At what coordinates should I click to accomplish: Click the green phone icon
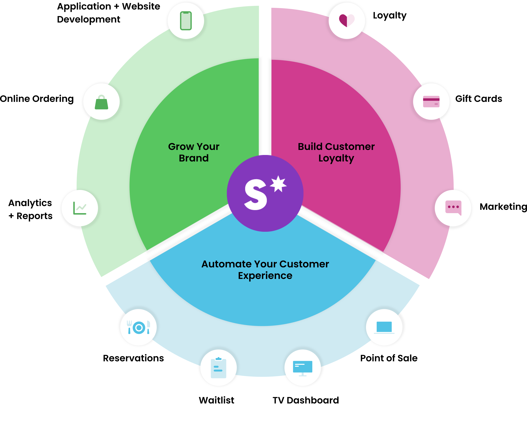(186, 21)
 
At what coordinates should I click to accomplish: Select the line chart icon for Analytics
(80, 208)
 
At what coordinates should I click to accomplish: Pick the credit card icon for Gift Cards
(431, 101)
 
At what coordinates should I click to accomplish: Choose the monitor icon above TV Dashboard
(303, 368)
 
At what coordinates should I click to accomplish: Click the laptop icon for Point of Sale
(384, 327)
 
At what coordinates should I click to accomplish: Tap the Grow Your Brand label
(194, 152)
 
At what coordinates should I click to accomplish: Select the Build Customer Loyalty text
(336, 152)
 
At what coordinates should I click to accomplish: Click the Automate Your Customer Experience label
(265, 270)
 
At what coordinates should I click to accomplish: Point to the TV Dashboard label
(306, 400)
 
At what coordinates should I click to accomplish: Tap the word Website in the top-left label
(141, 6)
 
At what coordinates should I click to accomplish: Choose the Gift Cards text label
(479, 99)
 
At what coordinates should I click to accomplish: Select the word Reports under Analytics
(34, 216)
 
